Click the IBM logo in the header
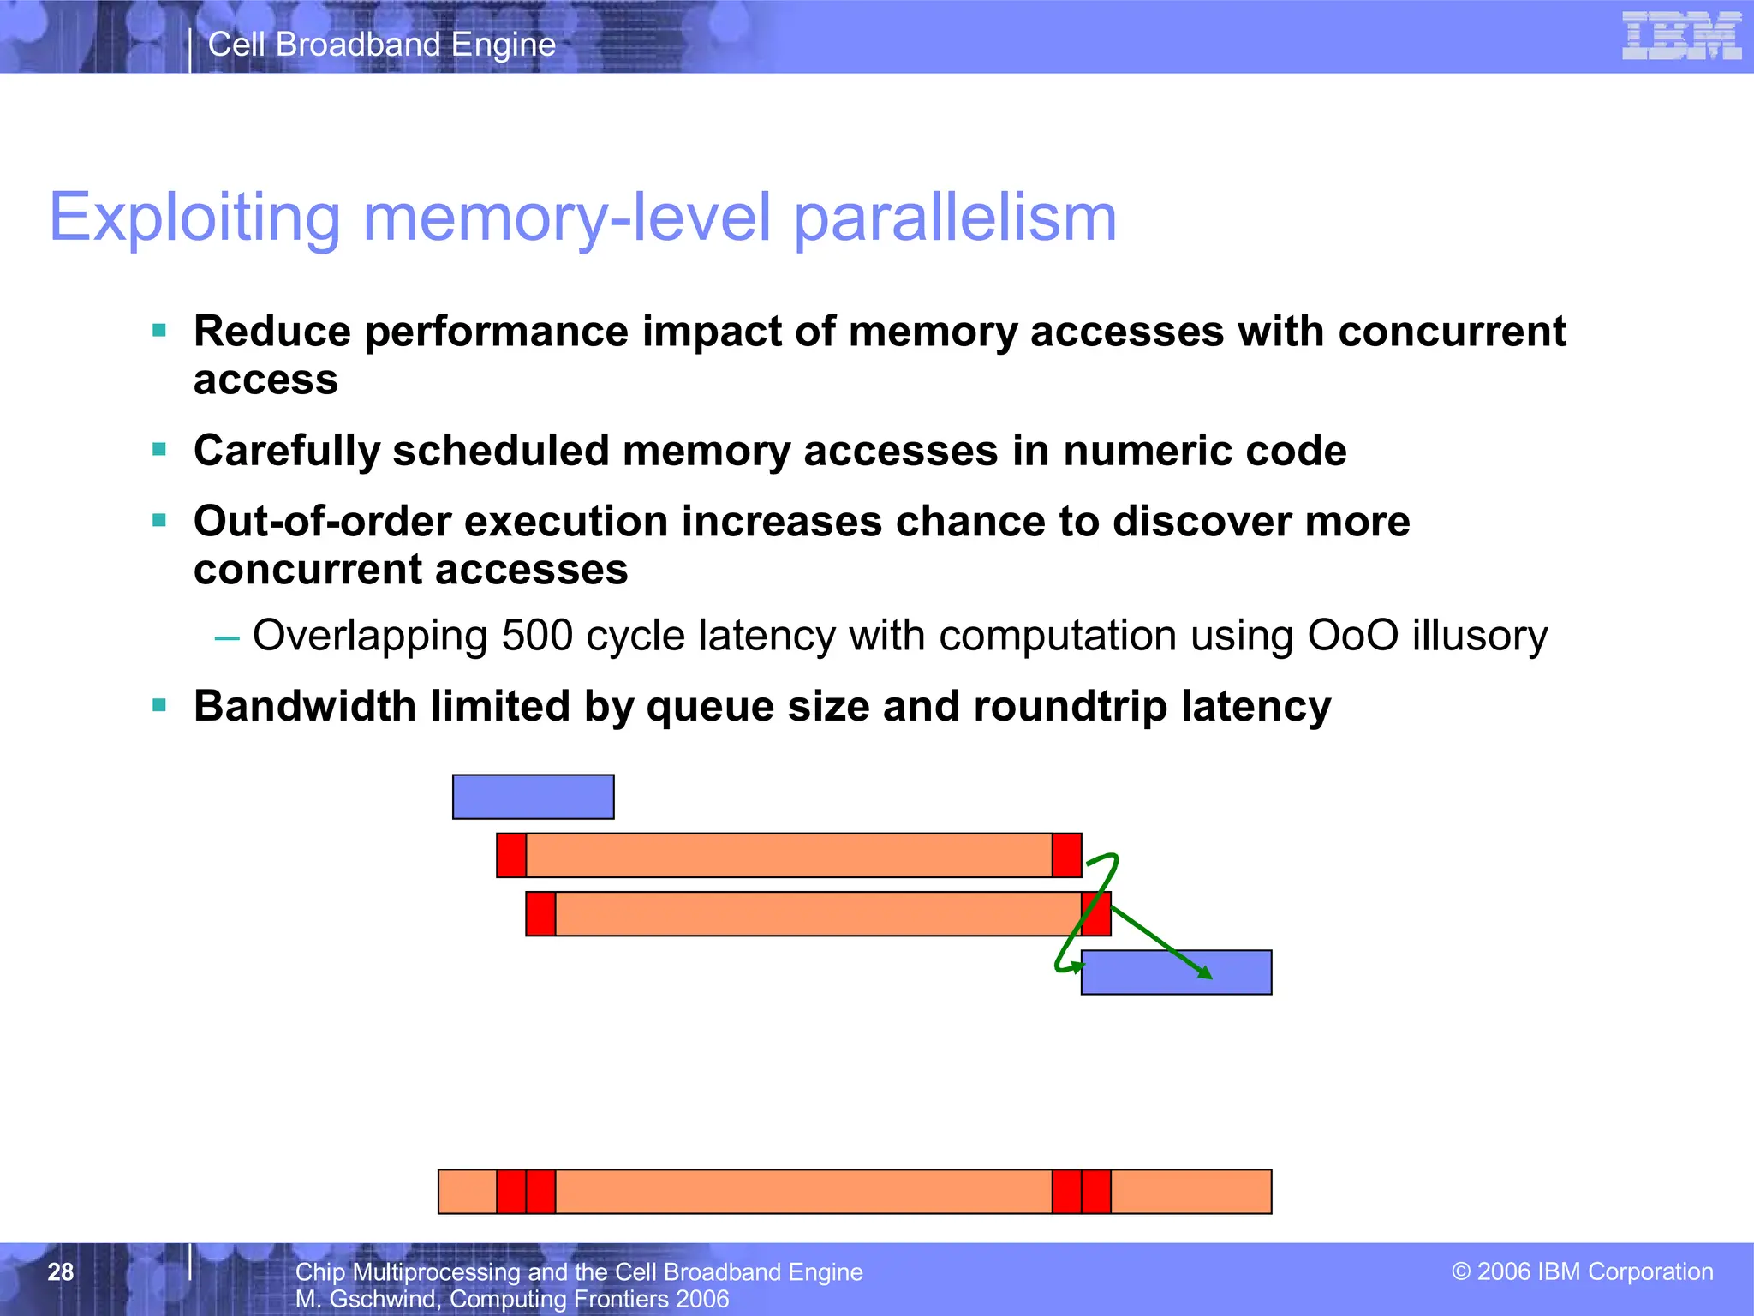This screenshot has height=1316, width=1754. [x=1681, y=36]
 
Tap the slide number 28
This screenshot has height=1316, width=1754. [x=61, y=1271]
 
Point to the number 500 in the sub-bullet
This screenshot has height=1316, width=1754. [x=537, y=636]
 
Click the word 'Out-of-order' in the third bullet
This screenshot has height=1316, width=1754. [x=322, y=522]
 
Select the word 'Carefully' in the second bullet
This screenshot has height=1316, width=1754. [x=286, y=451]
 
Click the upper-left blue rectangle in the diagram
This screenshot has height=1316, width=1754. [x=533, y=797]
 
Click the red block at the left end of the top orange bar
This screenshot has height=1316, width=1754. [x=511, y=855]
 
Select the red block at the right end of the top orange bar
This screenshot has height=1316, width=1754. [x=1066, y=855]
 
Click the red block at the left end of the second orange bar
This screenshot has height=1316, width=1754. [x=540, y=914]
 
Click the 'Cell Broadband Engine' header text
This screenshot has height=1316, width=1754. [x=382, y=45]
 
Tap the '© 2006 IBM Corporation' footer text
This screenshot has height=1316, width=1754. [x=1582, y=1271]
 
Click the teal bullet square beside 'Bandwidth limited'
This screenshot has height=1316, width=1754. [x=159, y=706]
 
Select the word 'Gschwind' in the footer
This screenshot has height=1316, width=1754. [x=382, y=1299]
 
